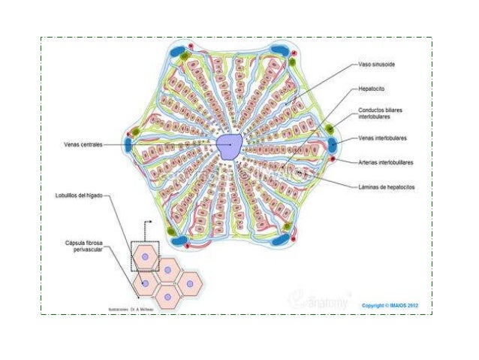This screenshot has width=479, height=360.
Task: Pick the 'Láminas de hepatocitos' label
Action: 387,186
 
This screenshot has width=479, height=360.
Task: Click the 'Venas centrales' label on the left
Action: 83,144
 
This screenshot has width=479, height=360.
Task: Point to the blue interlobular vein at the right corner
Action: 336,142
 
